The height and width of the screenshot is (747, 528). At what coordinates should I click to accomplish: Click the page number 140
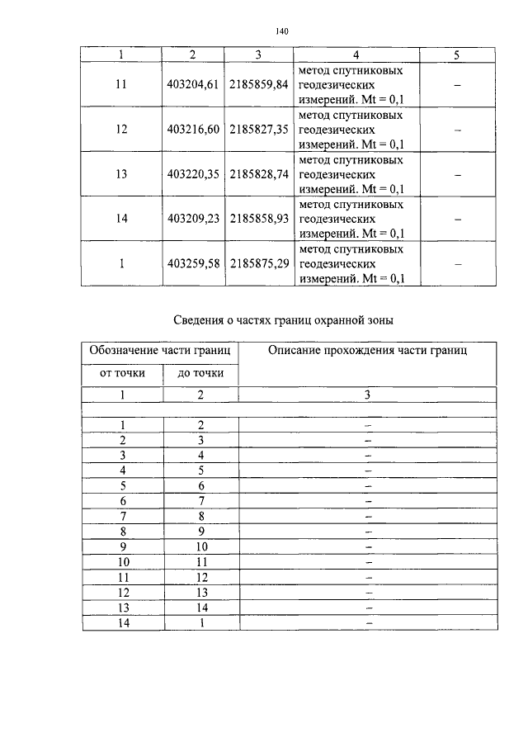280,31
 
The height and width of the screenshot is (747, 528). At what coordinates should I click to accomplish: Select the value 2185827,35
260,130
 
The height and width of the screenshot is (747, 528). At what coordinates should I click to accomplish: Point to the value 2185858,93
260,220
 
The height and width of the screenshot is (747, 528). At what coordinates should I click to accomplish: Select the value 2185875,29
260,264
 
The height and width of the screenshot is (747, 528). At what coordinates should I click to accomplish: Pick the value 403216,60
191,130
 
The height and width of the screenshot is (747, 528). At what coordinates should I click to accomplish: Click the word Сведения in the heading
202,320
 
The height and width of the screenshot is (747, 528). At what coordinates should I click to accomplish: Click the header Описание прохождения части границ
368,351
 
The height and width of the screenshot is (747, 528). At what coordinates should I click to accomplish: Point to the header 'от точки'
122,373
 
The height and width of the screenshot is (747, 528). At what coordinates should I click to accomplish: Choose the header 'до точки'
200,373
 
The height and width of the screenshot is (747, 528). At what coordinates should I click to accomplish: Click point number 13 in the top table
121,174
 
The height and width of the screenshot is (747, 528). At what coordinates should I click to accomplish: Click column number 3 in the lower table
368,395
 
